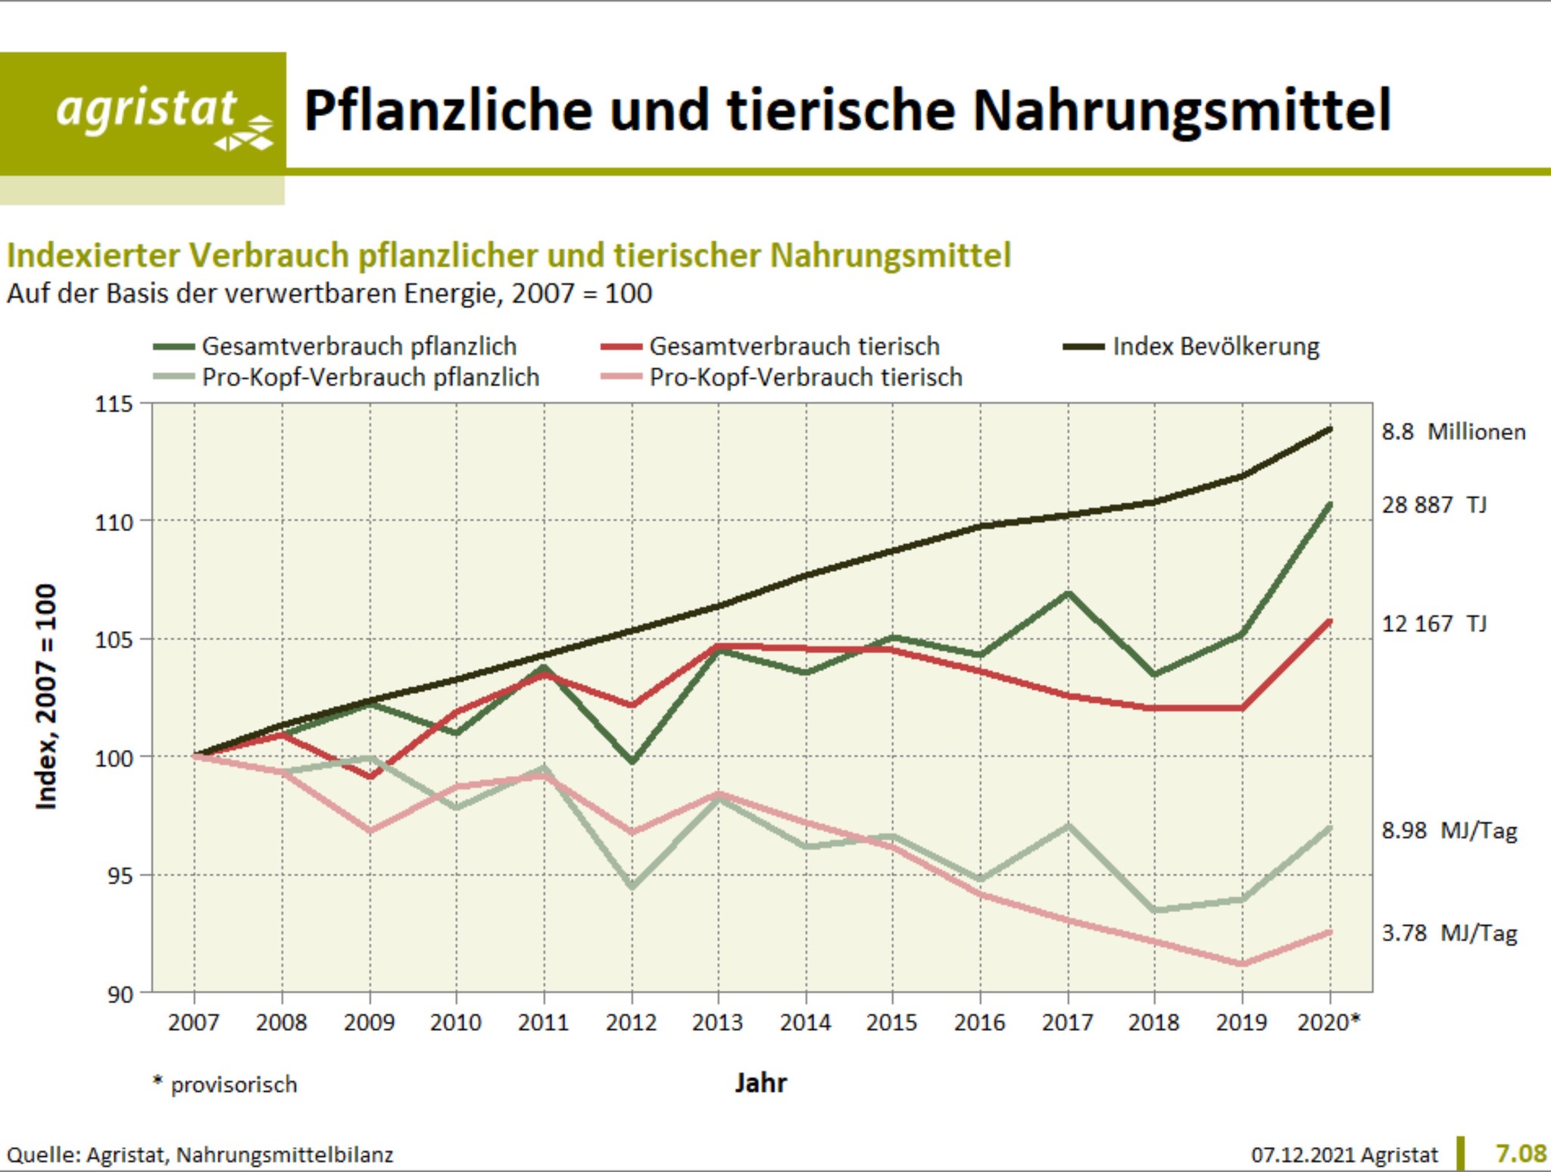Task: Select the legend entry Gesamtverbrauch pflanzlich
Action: (x=359, y=347)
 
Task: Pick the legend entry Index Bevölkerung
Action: (x=1216, y=347)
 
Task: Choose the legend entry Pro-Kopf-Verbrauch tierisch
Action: (x=806, y=377)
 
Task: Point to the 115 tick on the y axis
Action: (x=113, y=404)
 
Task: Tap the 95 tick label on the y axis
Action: (x=113, y=876)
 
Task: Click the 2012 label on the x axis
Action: (x=631, y=1023)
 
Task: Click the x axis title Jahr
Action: (x=760, y=1083)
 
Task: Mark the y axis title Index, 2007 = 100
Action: (x=46, y=697)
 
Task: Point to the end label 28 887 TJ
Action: (x=1434, y=505)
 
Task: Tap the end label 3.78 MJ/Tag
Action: (x=1450, y=933)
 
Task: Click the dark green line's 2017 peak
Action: (x=1068, y=593)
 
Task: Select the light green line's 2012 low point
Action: (x=632, y=886)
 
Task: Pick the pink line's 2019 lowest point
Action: (x=1242, y=964)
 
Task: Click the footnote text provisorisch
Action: (x=233, y=1085)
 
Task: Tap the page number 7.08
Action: (x=1521, y=1154)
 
